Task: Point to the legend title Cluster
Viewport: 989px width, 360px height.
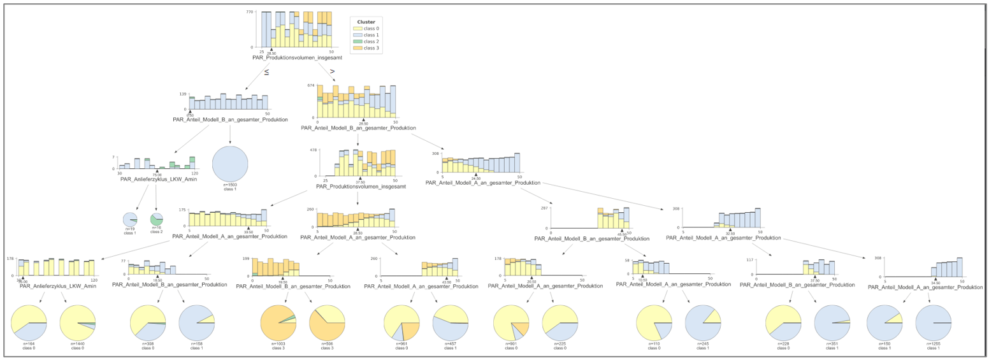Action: [366, 22]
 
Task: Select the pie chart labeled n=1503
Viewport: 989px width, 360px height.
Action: [230, 164]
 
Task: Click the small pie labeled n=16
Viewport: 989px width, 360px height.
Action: [156, 219]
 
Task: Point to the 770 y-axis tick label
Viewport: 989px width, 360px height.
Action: [250, 13]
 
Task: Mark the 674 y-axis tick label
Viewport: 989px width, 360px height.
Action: [311, 85]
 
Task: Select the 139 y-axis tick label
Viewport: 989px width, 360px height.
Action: [182, 94]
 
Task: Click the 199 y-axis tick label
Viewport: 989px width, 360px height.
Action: [246, 259]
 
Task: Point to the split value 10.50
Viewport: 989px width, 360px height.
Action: [643, 280]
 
